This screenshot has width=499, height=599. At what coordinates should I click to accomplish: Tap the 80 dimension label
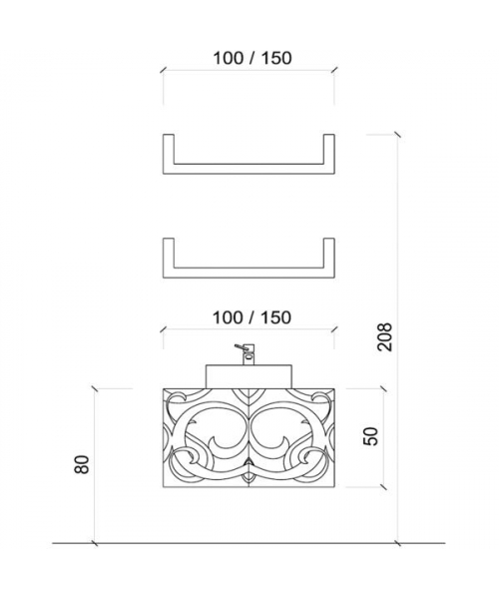click(x=82, y=464)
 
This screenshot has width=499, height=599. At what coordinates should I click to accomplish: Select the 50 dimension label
click(x=370, y=436)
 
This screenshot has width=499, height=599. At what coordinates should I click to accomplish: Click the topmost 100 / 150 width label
click(x=252, y=58)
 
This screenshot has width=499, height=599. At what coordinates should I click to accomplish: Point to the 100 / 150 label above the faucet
click(x=251, y=317)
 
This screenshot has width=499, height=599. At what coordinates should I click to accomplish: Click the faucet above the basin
click(x=247, y=354)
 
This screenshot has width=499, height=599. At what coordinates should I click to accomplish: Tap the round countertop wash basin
click(x=249, y=376)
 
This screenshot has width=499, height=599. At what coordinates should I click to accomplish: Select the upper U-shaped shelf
click(x=249, y=170)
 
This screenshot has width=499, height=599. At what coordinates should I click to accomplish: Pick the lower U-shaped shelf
click(x=249, y=274)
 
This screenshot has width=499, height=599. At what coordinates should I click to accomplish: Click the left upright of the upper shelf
click(x=169, y=154)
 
